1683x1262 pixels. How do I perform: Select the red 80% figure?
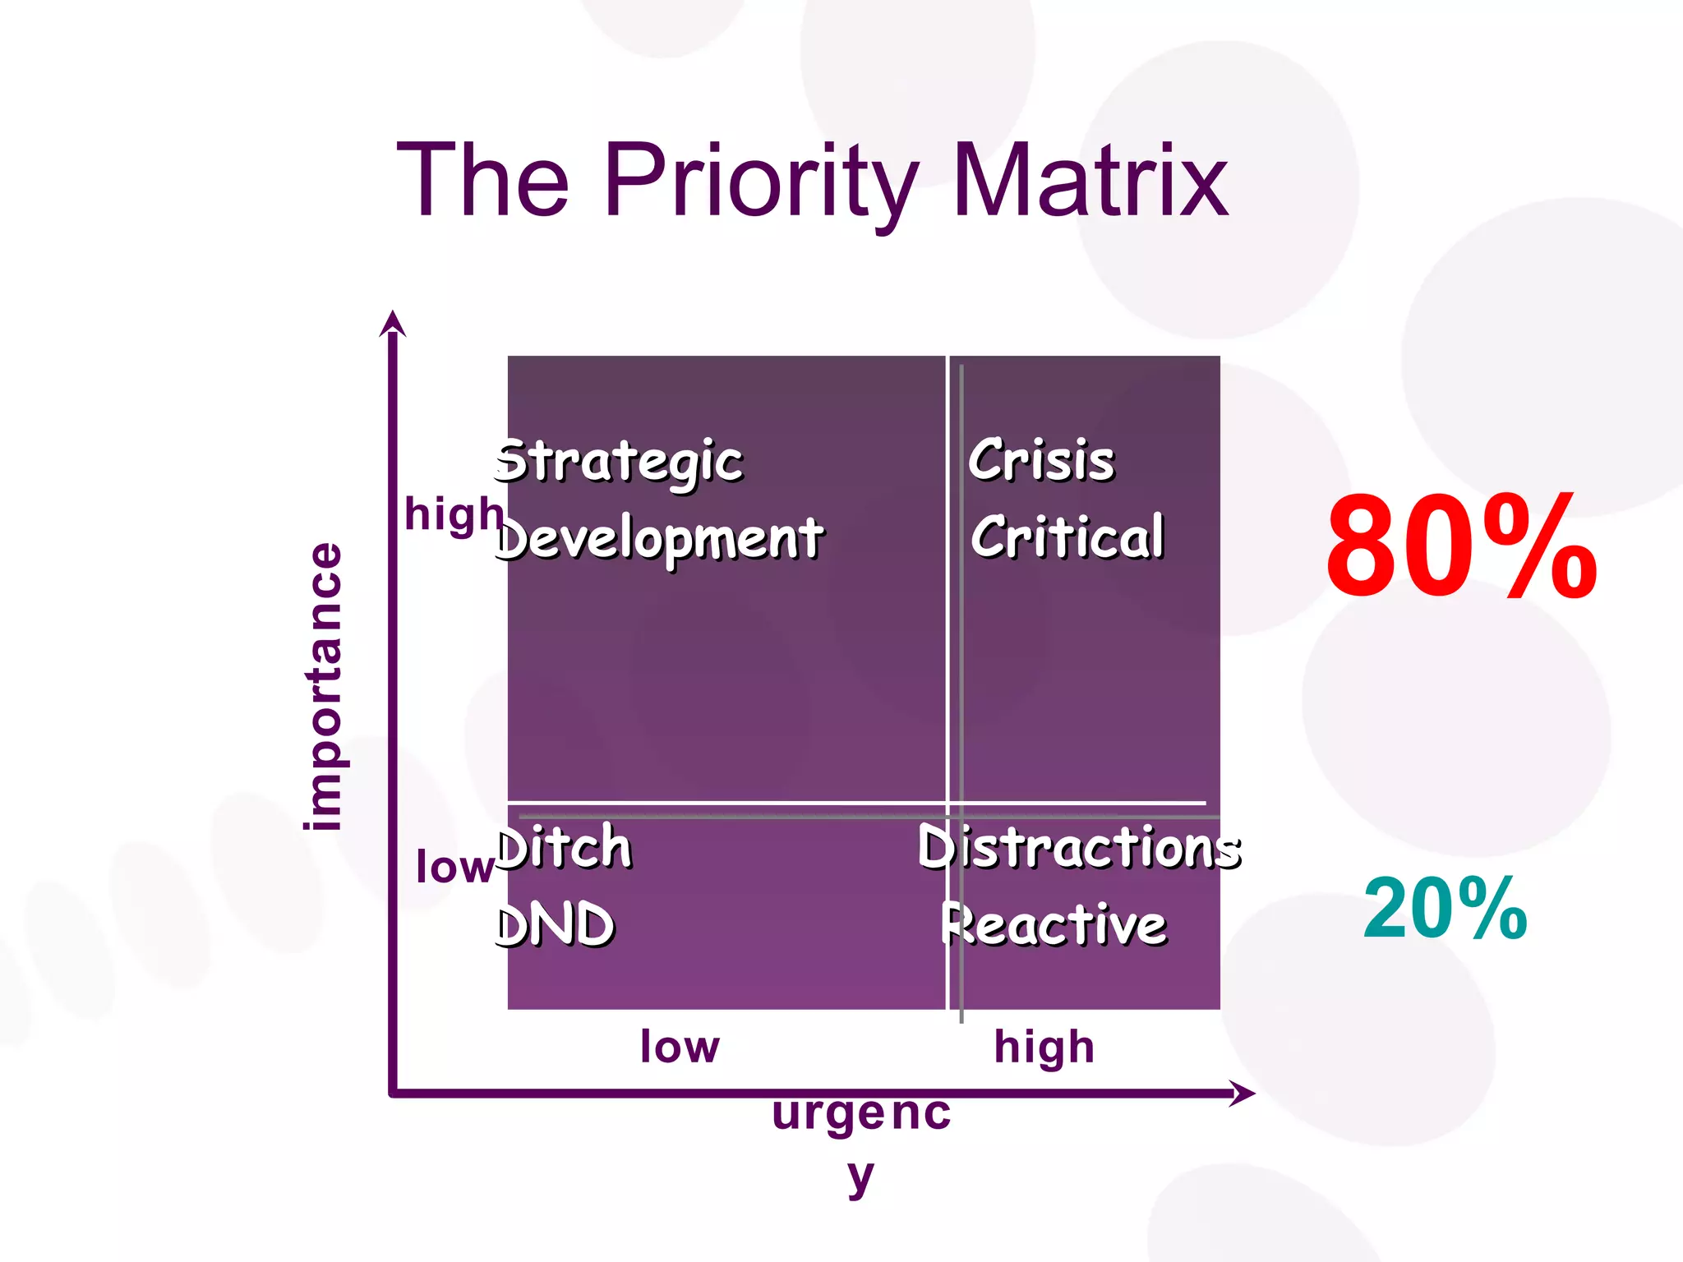1461,546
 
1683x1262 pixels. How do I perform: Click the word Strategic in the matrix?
619,462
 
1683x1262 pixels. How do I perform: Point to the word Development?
660,539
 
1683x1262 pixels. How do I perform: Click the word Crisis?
1041,460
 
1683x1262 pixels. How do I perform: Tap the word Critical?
1067,537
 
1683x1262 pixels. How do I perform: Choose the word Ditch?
565,847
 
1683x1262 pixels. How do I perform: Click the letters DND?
556,925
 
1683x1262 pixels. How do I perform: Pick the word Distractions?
1079,847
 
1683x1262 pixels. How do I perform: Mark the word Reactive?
1054,925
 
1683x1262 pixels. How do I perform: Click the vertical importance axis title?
323,687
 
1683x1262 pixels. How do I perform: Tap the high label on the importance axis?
454,515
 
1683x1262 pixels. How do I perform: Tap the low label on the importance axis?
454,868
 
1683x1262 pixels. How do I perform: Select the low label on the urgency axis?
680,1047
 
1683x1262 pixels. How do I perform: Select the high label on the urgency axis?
1044,1048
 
